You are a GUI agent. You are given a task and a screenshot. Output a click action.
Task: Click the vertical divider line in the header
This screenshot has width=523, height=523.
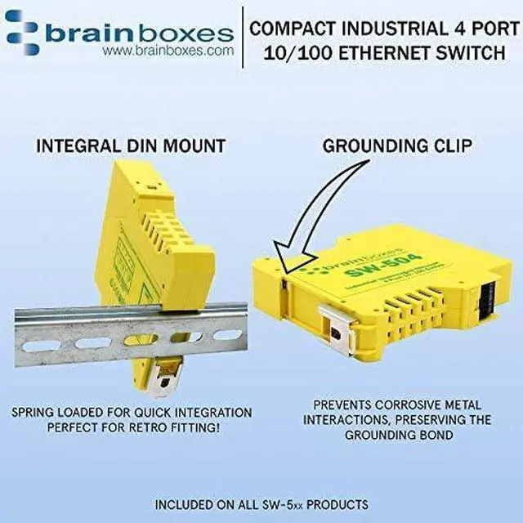(x=242, y=38)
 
